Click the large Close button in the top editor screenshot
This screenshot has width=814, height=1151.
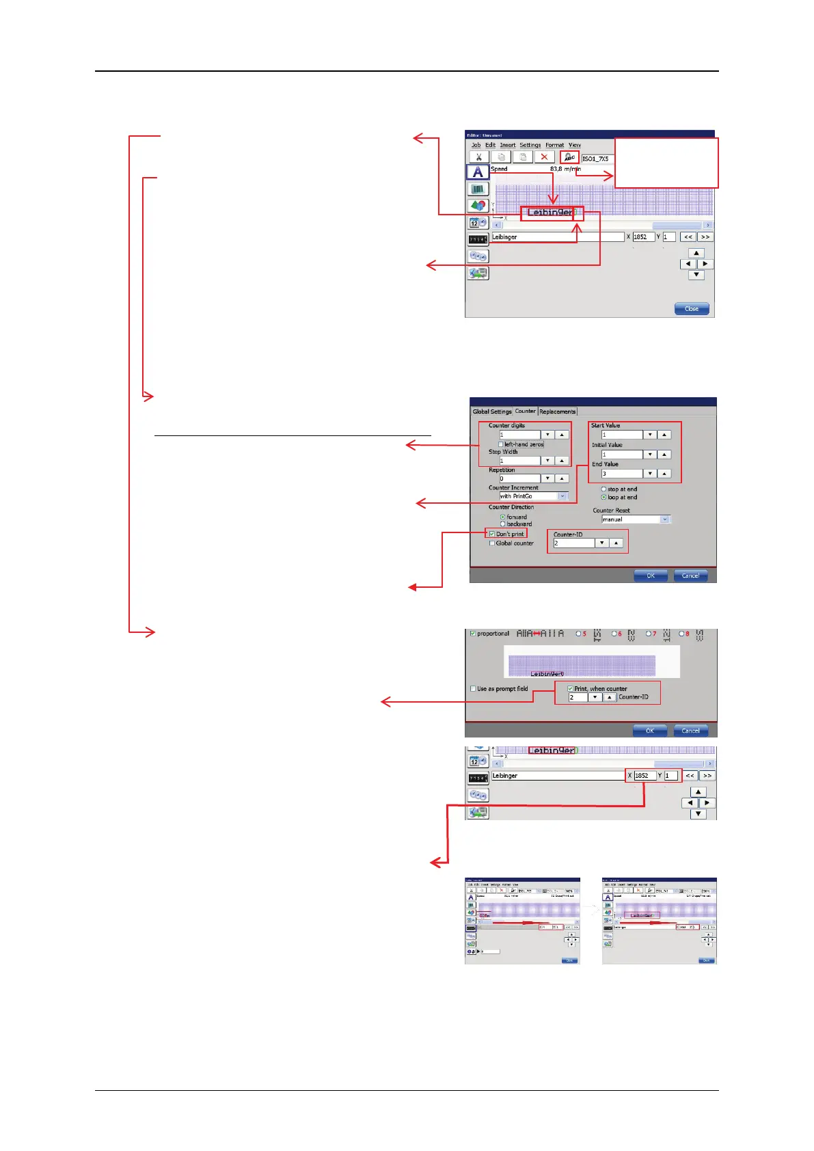click(x=692, y=309)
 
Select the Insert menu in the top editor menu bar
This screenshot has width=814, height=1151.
click(x=508, y=145)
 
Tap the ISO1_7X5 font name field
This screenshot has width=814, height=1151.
click(x=597, y=159)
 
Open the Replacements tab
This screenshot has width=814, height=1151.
click(x=557, y=411)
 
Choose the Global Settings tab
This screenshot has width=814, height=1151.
click(x=492, y=411)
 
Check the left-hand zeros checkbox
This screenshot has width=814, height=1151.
click(x=501, y=444)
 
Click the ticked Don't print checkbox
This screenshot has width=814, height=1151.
click(x=492, y=534)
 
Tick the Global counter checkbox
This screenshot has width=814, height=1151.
click(x=492, y=543)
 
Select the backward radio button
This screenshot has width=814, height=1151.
click(x=503, y=524)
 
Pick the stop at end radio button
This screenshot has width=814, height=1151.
click(x=603, y=489)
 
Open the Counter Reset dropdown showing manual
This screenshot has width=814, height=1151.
click(x=635, y=519)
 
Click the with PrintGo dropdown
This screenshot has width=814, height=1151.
click(x=533, y=496)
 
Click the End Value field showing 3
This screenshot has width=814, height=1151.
click(x=622, y=474)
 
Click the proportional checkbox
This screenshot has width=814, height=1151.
click(x=472, y=634)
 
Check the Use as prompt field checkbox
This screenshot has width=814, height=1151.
click(x=473, y=689)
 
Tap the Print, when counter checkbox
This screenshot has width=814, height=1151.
click(x=571, y=689)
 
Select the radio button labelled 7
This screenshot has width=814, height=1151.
click(x=648, y=634)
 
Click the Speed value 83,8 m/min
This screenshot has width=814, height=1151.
click(x=565, y=169)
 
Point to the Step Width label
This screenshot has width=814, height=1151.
click(x=503, y=452)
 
